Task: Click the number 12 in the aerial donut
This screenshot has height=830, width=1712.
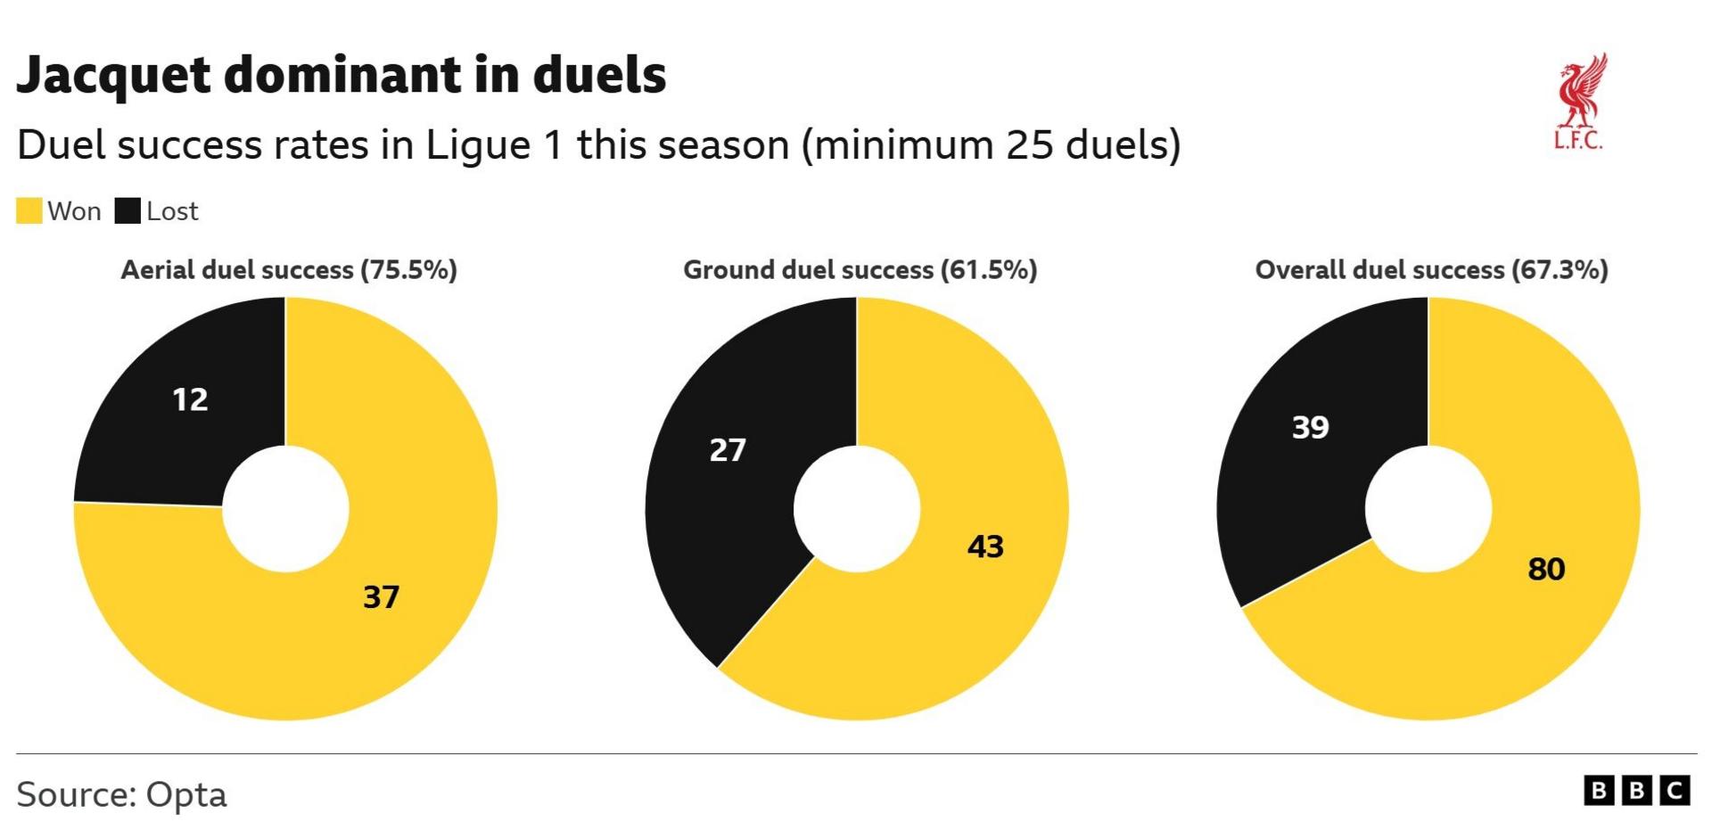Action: click(x=190, y=399)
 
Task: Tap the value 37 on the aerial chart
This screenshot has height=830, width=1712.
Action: click(x=381, y=596)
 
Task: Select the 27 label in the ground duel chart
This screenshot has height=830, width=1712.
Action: click(x=728, y=449)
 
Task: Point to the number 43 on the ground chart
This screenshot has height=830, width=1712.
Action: click(x=985, y=546)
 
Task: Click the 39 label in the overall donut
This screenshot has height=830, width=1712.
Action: click(x=1310, y=427)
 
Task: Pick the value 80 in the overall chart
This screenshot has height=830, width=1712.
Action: click(x=1546, y=569)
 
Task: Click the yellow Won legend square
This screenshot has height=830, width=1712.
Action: click(x=29, y=211)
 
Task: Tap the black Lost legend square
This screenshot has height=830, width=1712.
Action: click(x=128, y=211)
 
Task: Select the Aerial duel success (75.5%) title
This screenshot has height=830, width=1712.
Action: click(x=289, y=270)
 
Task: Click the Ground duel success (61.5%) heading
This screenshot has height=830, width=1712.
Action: click(x=860, y=270)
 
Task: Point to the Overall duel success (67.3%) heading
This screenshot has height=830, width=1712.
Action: click(x=1431, y=270)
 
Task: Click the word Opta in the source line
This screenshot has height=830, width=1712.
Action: click(x=186, y=794)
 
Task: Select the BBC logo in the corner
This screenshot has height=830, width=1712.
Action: click(x=1636, y=791)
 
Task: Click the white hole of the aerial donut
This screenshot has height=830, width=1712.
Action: click(x=285, y=509)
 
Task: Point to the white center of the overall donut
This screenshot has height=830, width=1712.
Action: click(x=1428, y=509)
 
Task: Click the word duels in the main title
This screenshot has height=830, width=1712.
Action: click(x=599, y=75)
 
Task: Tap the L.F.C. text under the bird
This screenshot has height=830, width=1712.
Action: click(x=1577, y=141)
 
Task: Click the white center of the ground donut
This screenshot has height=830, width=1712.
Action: click(x=856, y=509)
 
